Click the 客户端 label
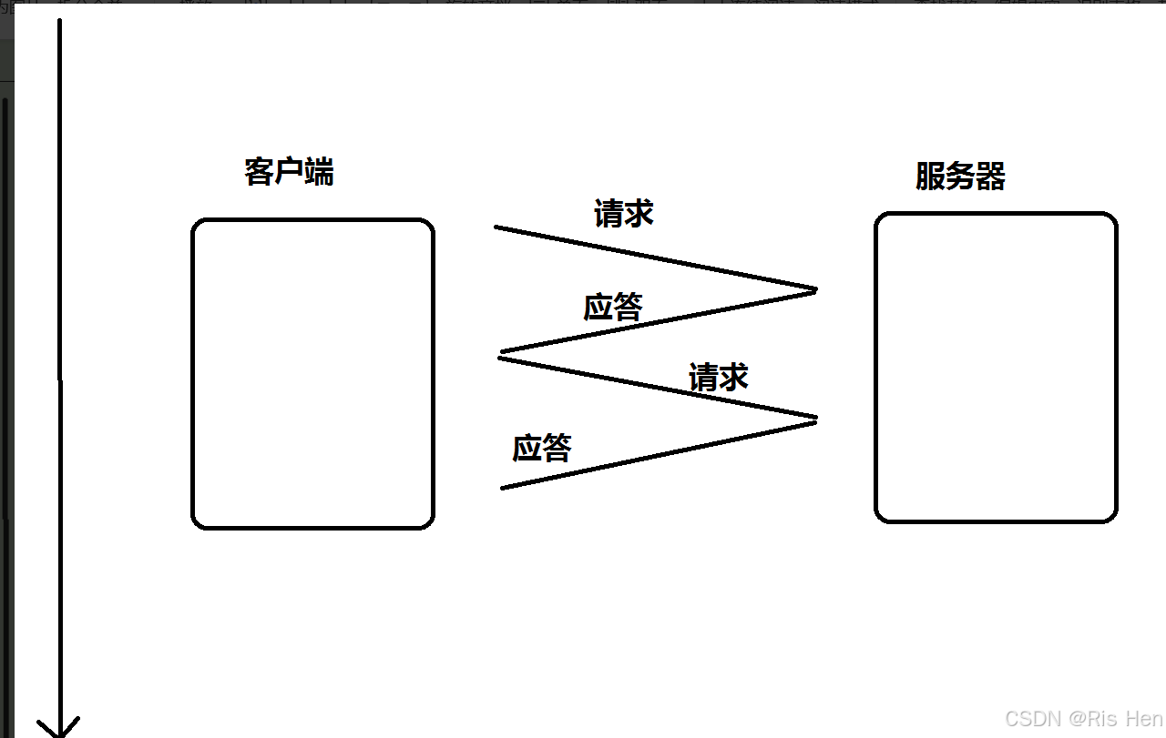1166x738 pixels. (289, 171)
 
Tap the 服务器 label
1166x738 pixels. (960, 176)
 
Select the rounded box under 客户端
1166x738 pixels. (312, 373)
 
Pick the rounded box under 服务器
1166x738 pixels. (996, 368)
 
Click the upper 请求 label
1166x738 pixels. (624, 214)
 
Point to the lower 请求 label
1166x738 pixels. (719, 377)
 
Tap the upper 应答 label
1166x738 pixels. (613, 308)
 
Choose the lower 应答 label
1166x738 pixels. (542, 448)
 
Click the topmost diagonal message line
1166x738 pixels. (656, 258)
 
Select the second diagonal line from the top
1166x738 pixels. (658, 320)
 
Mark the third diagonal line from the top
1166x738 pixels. (658, 388)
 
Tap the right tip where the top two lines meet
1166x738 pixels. (815, 289)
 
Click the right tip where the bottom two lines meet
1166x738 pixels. (815, 419)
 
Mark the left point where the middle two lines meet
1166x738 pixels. (500, 354)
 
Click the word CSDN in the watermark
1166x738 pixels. (1034, 718)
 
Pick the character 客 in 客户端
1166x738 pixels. (260, 171)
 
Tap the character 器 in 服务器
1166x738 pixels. (990, 176)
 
